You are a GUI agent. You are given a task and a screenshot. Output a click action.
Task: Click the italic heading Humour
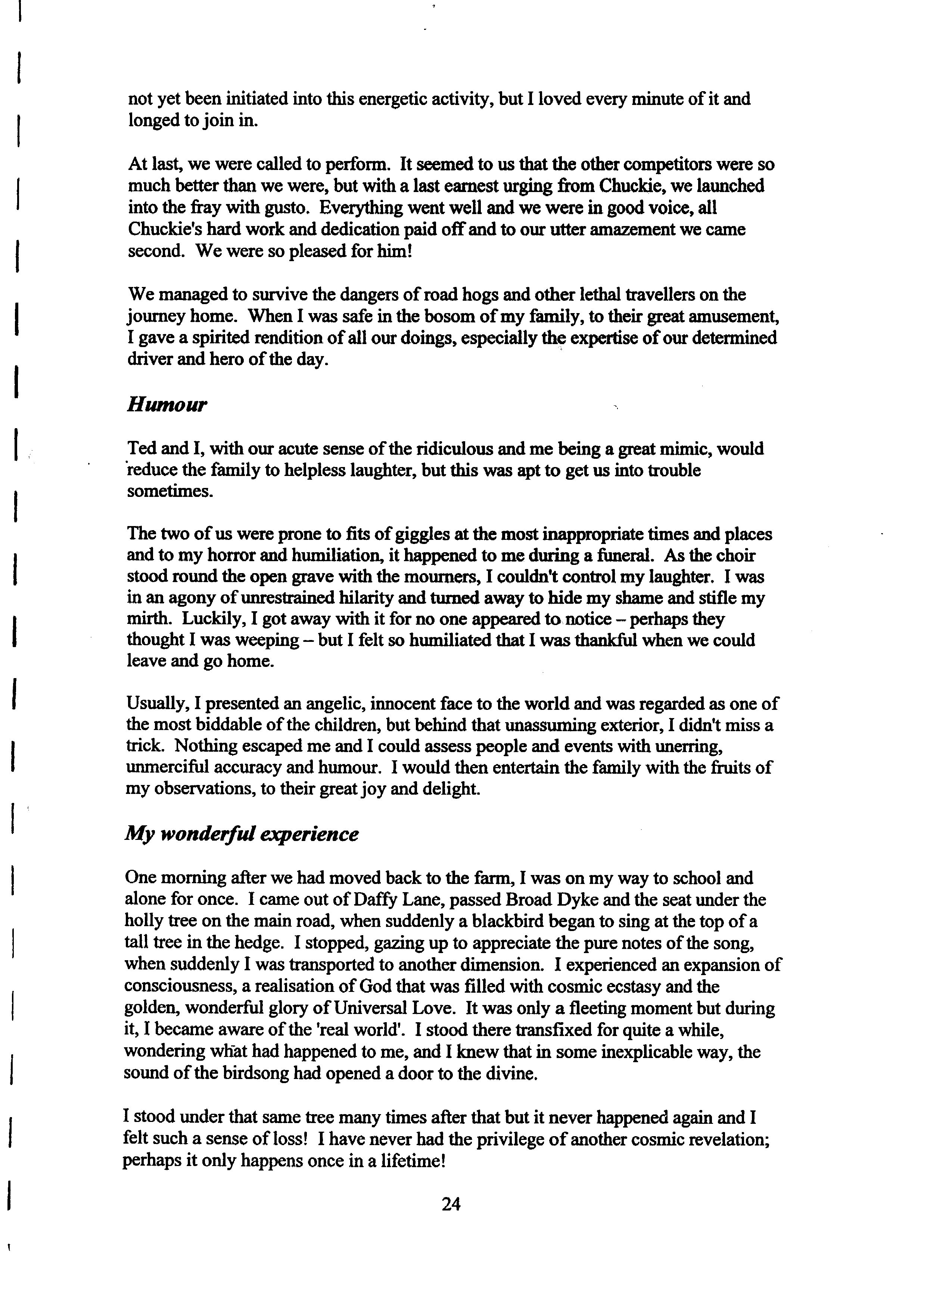pyautogui.click(x=167, y=405)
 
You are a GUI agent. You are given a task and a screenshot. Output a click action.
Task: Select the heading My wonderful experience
pyautogui.click(x=242, y=835)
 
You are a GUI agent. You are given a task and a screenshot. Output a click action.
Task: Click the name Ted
pyautogui.click(x=140, y=449)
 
